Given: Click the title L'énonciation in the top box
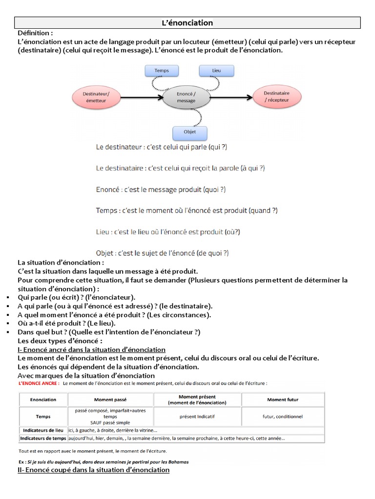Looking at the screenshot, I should pyautogui.click(x=187, y=23).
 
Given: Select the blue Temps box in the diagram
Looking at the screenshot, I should pyautogui.click(x=161, y=71).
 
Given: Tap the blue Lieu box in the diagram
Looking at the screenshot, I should pyautogui.click(x=216, y=71).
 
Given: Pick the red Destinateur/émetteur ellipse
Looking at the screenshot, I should pyautogui.click(x=96, y=97).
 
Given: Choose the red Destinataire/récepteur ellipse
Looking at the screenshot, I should pyautogui.click(x=276, y=96).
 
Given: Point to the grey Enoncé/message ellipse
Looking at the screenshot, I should pyautogui.click(x=186, y=97).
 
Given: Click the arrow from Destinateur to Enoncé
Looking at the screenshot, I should pyautogui.click(x=141, y=97).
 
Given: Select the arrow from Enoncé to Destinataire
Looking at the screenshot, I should pyautogui.click(x=231, y=97).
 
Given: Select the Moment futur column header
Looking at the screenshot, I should pyautogui.click(x=282, y=400).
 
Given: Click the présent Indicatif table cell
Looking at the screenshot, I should pyautogui.click(x=197, y=416).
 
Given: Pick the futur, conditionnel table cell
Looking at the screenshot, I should pyautogui.click(x=282, y=416).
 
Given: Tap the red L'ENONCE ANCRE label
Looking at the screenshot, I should pyautogui.click(x=39, y=383).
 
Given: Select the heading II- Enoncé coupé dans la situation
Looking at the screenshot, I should pyautogui.click(x=93, y=470).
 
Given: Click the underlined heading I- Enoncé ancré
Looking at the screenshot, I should pyautogui.click(x=91, y=349).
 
